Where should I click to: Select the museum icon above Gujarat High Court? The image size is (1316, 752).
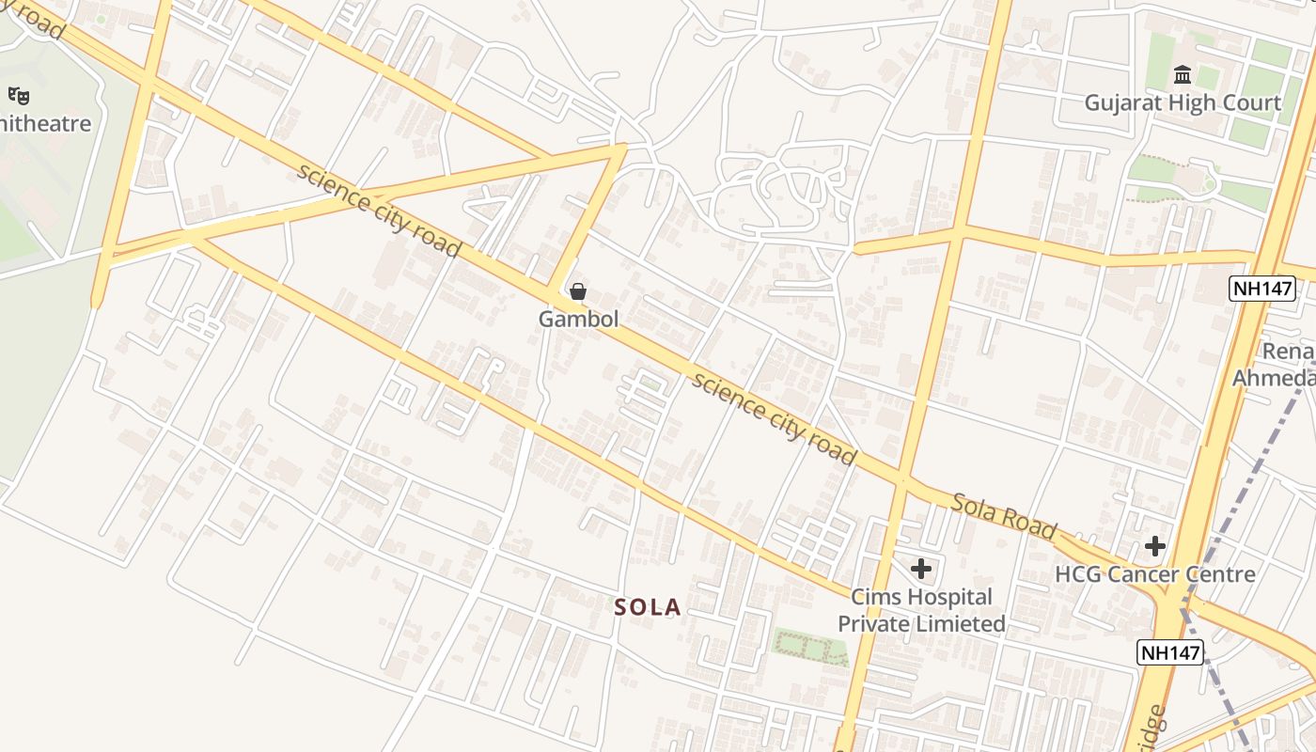coord(1182,74)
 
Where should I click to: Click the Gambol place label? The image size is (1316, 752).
coord(578,319)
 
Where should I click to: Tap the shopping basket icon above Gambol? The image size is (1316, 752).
coord(578,291)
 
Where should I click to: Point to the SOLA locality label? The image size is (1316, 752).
coord(648,607)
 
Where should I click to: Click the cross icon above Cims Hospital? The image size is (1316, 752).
coord(921,568)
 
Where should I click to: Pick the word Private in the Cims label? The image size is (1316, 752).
coord(870,623)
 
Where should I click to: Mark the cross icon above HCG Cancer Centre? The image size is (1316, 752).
coord(1154,546)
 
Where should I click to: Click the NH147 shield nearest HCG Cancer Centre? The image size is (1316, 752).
coord(1170,651)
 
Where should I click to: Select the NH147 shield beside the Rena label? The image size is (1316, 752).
coord(1262,289)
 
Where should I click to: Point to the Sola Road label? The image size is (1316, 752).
coord(1003,516)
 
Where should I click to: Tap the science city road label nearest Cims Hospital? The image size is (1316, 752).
coord(774,418)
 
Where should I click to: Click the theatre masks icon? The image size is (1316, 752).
coord(19,95)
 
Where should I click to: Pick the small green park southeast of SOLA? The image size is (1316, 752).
coord(809,645)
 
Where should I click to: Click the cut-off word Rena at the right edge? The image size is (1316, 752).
coord(1288,352)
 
